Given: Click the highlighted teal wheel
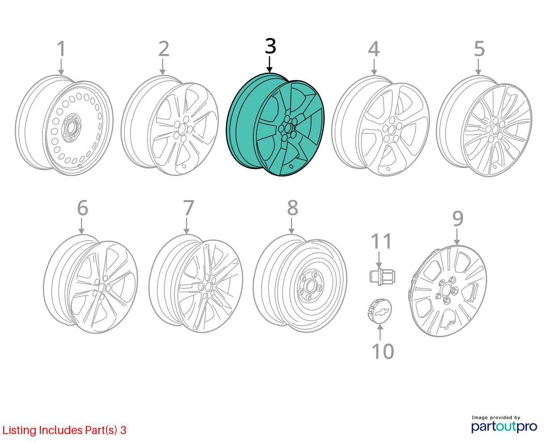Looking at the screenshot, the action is point(275,125).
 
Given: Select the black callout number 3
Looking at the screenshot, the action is point(270,46).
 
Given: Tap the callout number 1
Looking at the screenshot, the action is point(61,49).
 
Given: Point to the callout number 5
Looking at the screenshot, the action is point(479,49).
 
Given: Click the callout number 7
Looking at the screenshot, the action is point(189,208).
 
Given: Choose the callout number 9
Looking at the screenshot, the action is point(458,219).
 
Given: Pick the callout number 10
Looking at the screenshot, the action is point(383,351).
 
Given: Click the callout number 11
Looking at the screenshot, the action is point(381,241).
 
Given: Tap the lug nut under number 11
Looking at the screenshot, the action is point(382,277).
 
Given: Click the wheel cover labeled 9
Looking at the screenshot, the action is point(447,291).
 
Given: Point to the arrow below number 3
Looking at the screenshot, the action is point(269,64).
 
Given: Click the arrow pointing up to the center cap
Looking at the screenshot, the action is point(380,332).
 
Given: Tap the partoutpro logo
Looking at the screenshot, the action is point(504,426).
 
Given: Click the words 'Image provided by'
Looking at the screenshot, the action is point(496,418).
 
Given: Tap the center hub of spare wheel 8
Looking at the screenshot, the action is point(310,285).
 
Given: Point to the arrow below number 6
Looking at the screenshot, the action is point(81,226).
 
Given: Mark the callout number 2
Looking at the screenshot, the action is point(164,49).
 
